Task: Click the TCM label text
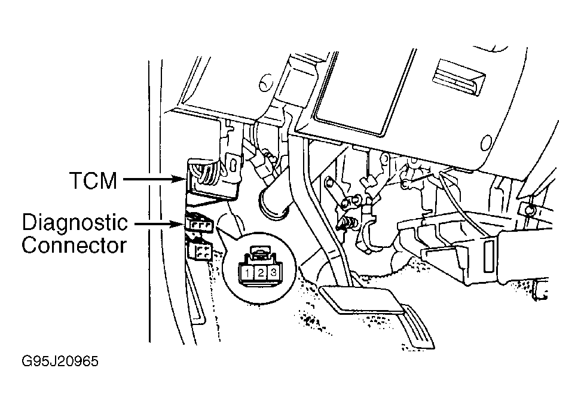pos(93,180)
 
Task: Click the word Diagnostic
pos(75,223)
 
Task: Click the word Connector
pos(74,245)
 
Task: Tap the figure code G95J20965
pos(60,361)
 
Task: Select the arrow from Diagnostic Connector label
pos(160,224)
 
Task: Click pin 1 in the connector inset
pos(247,274)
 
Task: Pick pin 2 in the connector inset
pos(261,273)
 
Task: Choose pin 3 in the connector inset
pos(273,273)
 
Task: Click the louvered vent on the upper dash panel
pos(458,78)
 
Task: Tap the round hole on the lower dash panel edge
pos(486,142)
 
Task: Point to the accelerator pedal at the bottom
pos(417,326)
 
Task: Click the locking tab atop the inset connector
pos(261,253)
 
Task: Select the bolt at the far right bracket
pos(530,209)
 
